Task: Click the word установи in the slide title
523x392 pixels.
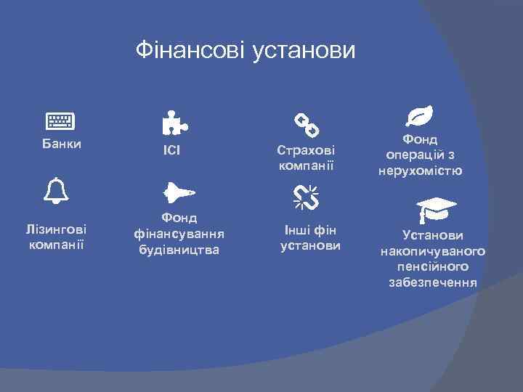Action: pyautogui.click(x=304, y=51)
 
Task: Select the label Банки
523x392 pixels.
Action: pyautogui.click(x=61, y=144)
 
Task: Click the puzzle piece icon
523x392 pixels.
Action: pyautogui.click(x=173, y=123)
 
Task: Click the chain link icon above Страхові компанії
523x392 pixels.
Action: pyautogui.click(x=306, y=124)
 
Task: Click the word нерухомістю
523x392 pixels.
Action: pyautogui.click(x=421, y=171)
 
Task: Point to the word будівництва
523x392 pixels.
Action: pyautogui.click(x=179, y=250)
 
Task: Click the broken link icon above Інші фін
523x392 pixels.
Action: pyautogui.click(x=307, y=197)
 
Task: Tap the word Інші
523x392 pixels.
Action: pyautogui.click(x=298, y=231)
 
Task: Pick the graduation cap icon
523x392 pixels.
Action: pyautogui.click(x=436, y=209)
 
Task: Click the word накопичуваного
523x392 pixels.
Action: pyautogui.click(x=433, y=251)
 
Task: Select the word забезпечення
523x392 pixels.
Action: pyautogui.click(x=433, y=282)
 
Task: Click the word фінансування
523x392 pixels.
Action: pyautogui.click(x=179, y=234)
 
